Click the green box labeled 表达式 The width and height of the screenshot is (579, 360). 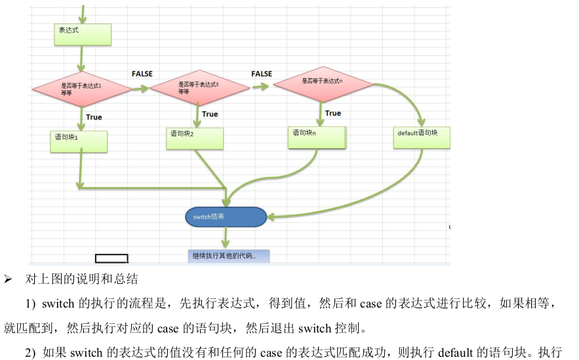83,34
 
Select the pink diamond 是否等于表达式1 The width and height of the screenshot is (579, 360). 82,88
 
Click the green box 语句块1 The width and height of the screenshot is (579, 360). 79,141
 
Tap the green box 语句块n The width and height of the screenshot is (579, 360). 317,136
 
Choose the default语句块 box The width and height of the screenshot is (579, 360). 422,137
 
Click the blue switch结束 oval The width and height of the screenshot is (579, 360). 226,216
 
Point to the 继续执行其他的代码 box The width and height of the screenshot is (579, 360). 228,255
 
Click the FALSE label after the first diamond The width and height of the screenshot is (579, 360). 142,74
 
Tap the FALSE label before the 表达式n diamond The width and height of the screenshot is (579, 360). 261,74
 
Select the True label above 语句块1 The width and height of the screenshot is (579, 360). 94,117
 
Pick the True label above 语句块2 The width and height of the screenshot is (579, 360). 210,114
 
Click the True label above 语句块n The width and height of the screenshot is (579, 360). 333,113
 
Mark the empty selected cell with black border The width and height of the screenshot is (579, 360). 111,258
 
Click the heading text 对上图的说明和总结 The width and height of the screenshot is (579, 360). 81,279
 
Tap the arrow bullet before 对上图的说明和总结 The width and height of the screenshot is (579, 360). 8,279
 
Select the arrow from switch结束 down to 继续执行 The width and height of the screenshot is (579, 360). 226,237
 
